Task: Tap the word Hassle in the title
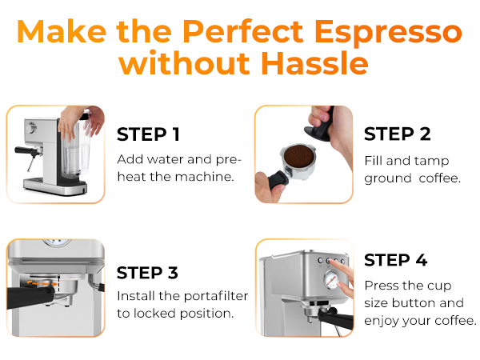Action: pos(309,64)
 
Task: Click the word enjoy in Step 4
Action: pos(382,321)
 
